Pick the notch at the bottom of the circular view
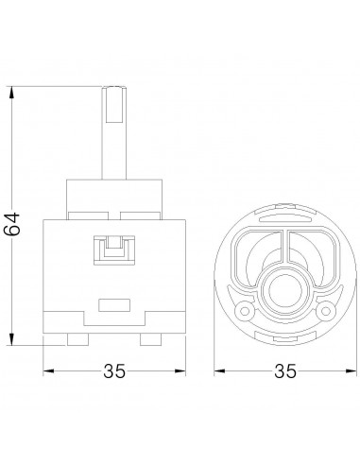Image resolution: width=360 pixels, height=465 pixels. [x=282, y=338]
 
